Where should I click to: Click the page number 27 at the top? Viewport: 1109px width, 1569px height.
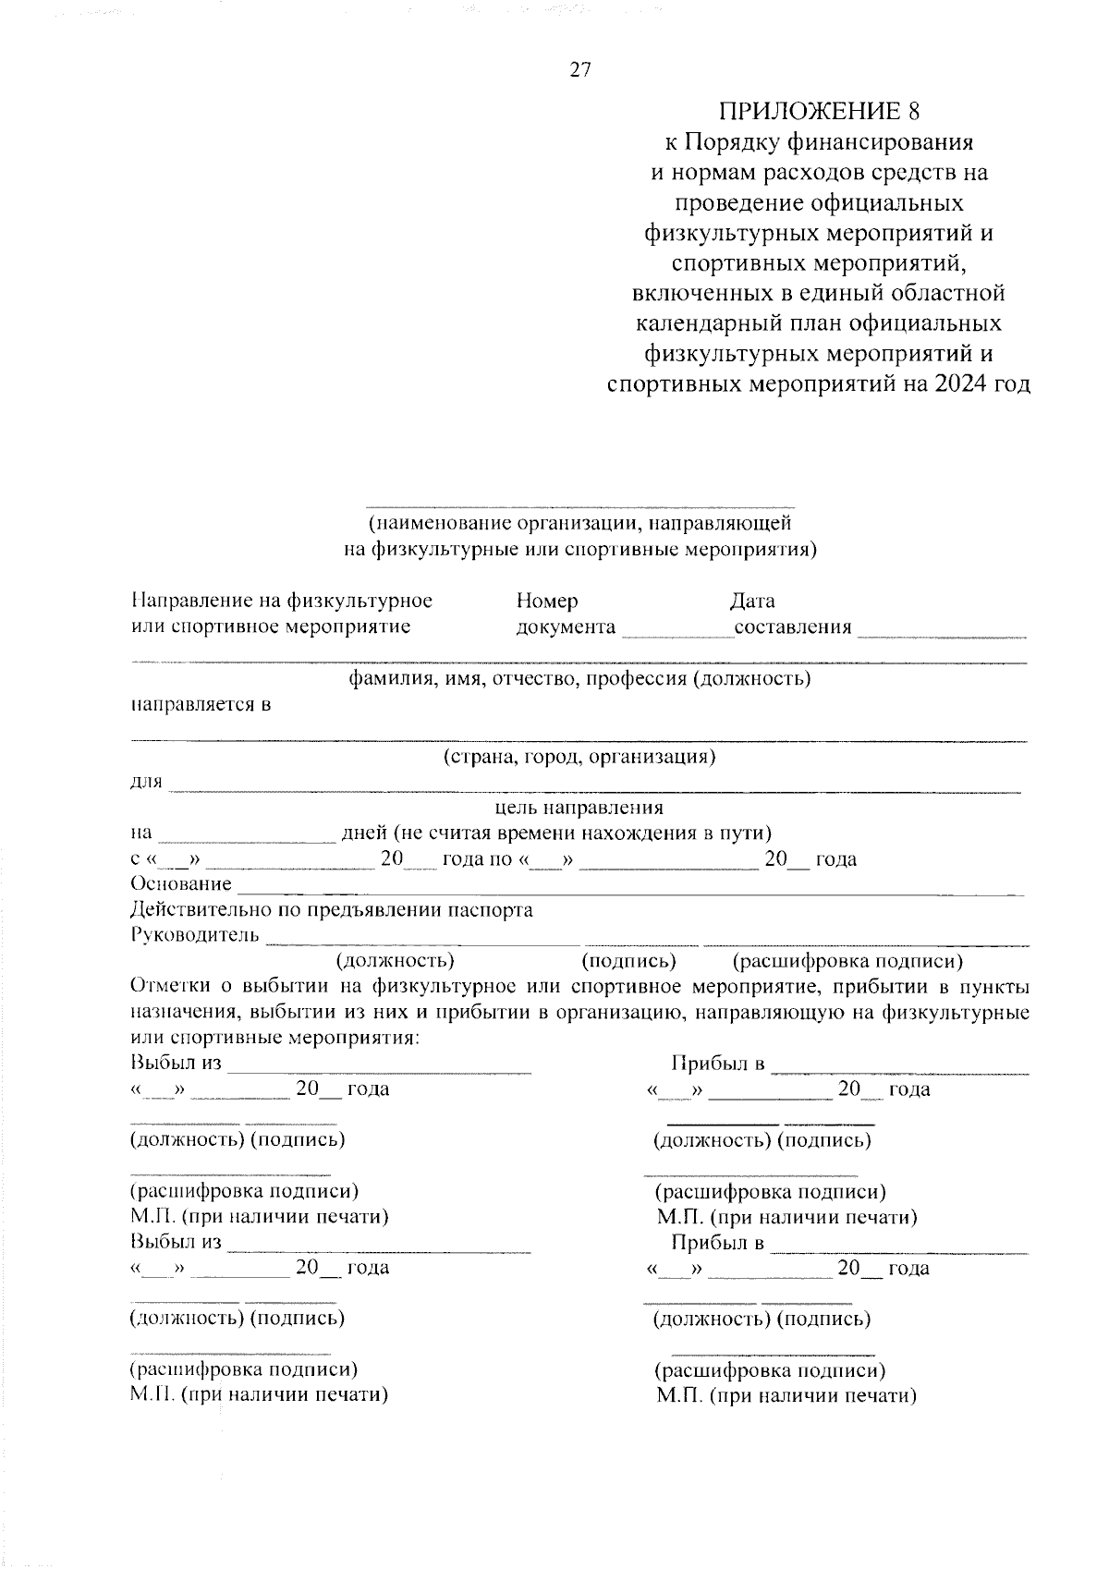580,71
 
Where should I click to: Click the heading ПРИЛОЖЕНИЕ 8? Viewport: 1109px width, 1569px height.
820,112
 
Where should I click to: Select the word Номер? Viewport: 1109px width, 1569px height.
547,602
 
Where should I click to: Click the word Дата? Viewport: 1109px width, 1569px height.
752,602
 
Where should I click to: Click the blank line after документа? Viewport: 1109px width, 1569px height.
677,633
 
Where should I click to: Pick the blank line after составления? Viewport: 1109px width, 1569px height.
941,633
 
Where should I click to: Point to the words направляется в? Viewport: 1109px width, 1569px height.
201,705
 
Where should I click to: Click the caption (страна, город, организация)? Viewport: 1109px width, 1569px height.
579,757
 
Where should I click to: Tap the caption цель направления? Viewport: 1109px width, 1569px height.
579,808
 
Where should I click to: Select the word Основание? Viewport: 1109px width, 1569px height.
181,884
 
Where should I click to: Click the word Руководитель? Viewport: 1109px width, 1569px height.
195,935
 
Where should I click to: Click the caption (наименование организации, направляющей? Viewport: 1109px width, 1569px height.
579,524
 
